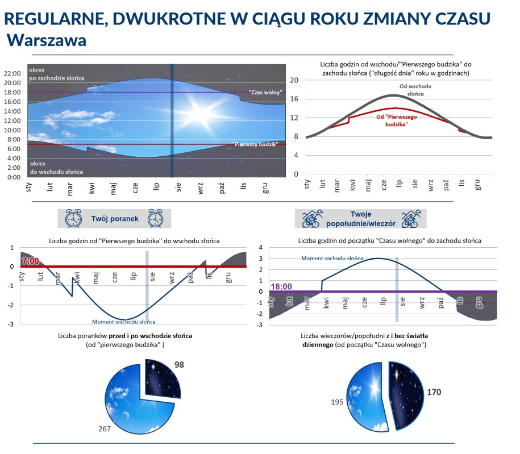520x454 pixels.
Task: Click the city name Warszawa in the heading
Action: click(48, 41)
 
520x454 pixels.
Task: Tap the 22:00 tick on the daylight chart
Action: click(13, 74)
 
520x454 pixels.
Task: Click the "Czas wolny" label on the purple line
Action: click(265, 92)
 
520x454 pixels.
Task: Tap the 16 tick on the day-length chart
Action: click(294, 99)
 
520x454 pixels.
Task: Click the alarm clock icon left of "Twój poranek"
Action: click(73, 219)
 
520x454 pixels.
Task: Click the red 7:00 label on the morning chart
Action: click(30, 261)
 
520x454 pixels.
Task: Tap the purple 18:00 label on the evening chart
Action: click(281, 287)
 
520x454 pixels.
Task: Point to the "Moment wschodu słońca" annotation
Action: click(123, 322)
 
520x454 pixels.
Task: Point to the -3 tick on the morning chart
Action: click(11, 324)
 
